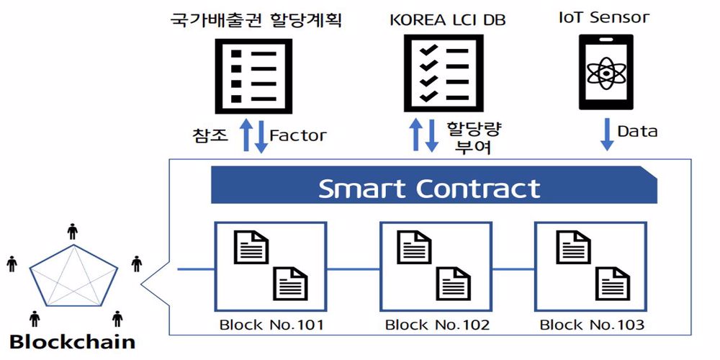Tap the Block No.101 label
tap(271, 325)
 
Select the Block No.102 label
tap(437, 325)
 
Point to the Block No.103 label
tap(592, 325)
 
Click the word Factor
tap(297, 135)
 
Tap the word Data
tap(637, 131)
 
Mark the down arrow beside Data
tap(607, 135)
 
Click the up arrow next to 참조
tap(246, 135)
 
